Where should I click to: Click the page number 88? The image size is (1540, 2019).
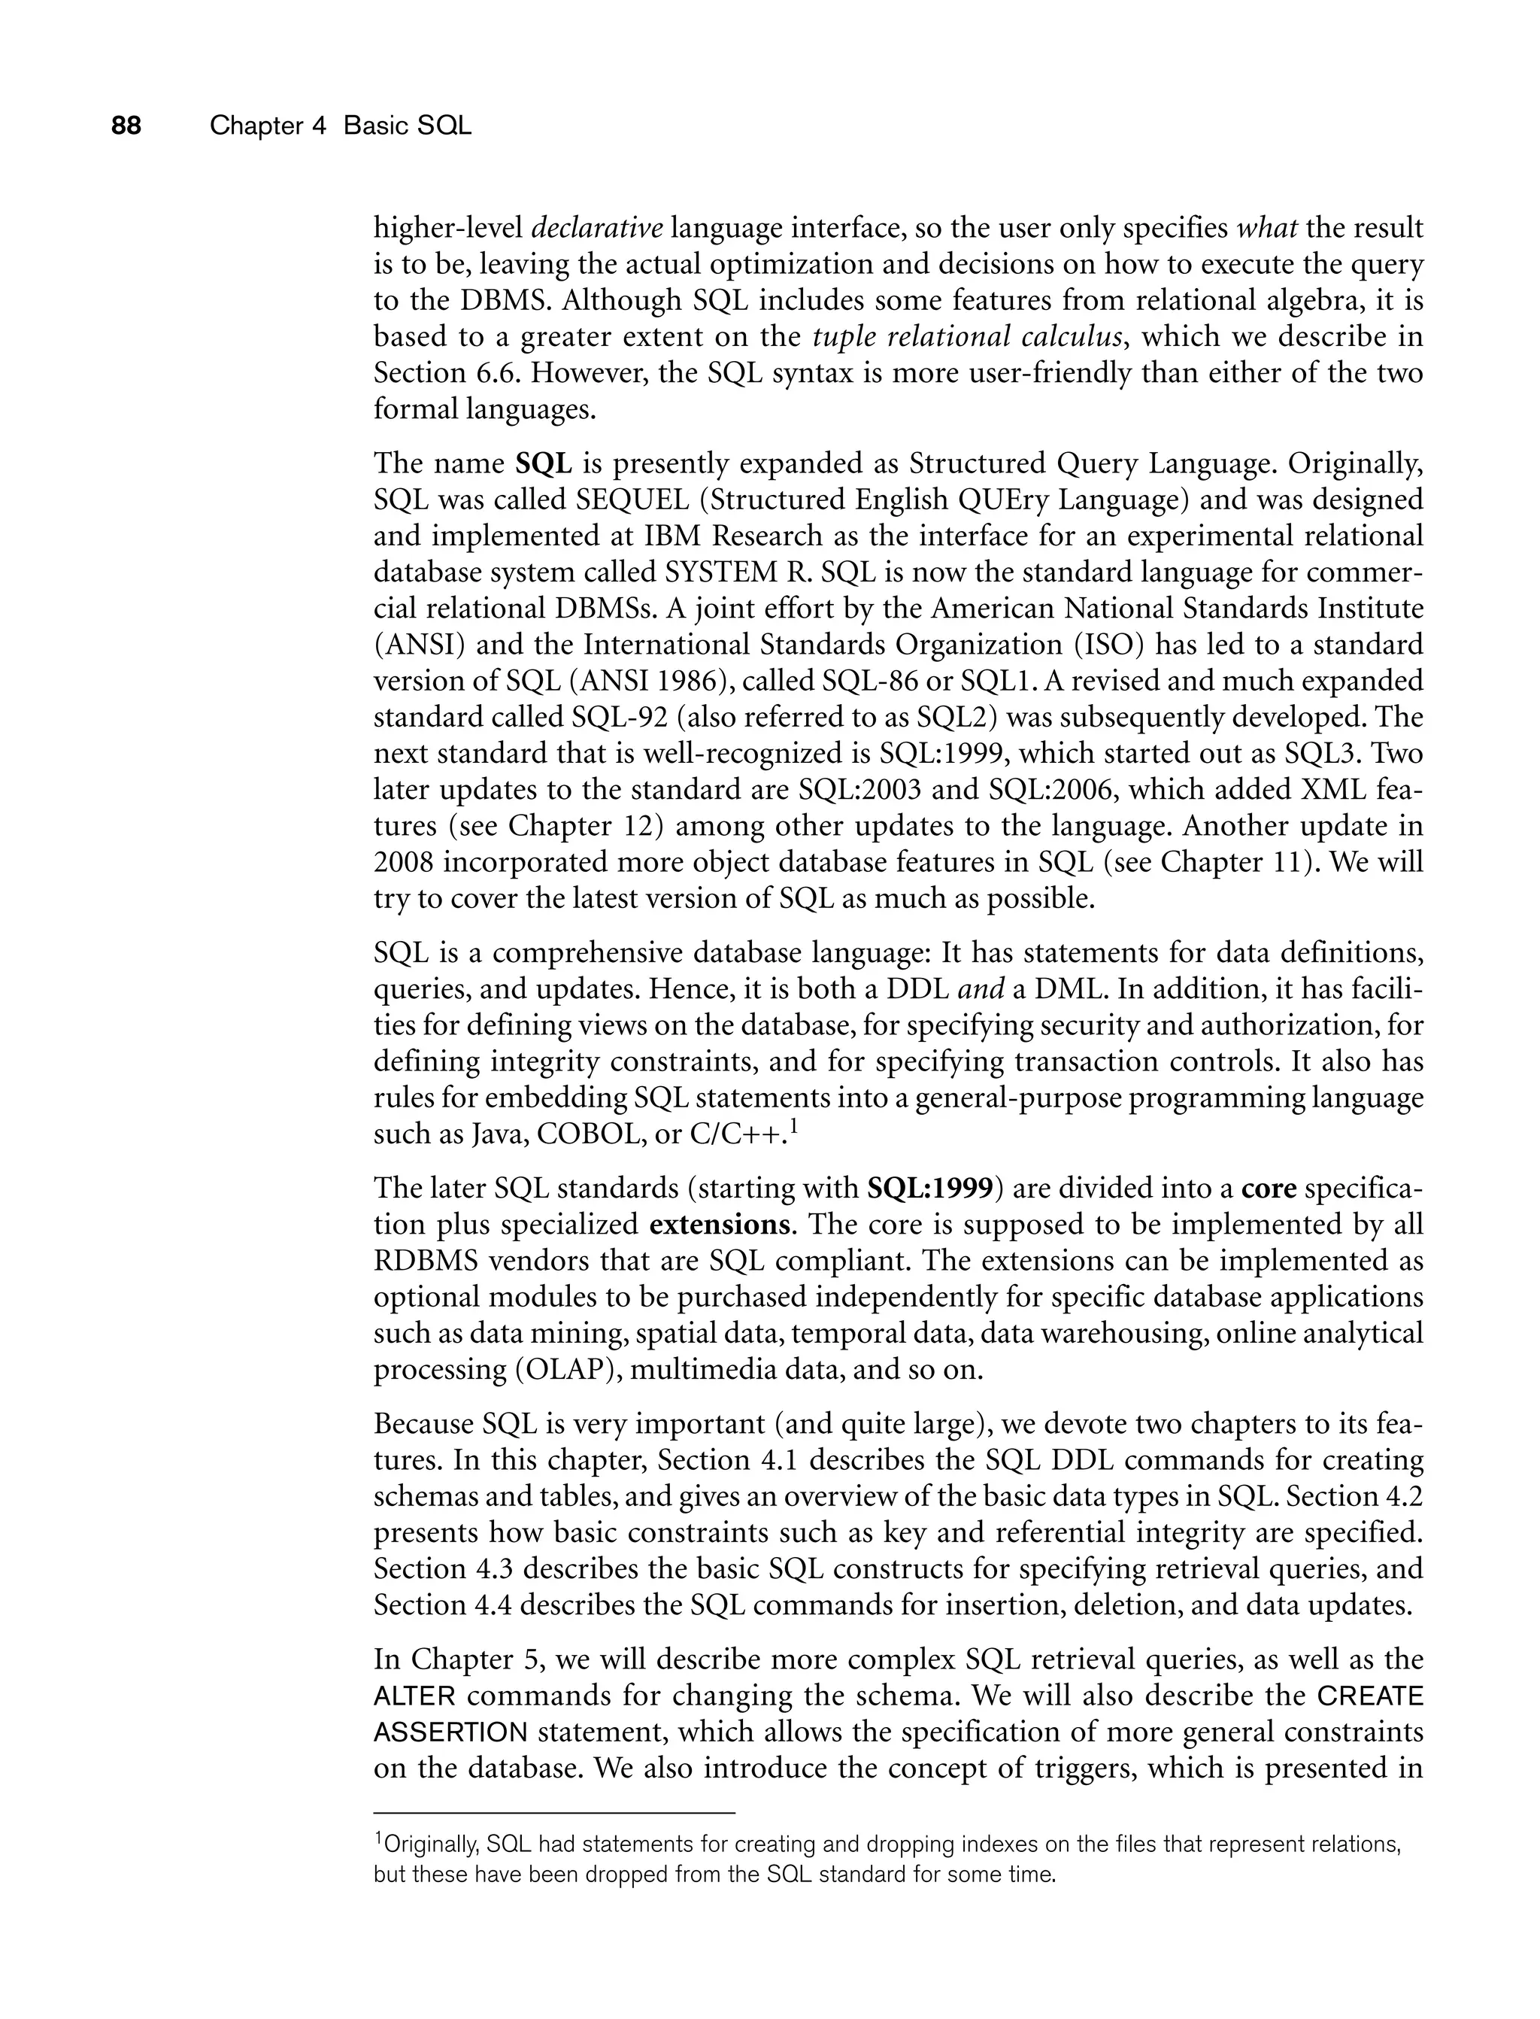126,126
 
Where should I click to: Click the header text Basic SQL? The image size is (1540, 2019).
407,126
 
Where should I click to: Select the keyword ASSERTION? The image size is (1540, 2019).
450,1733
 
